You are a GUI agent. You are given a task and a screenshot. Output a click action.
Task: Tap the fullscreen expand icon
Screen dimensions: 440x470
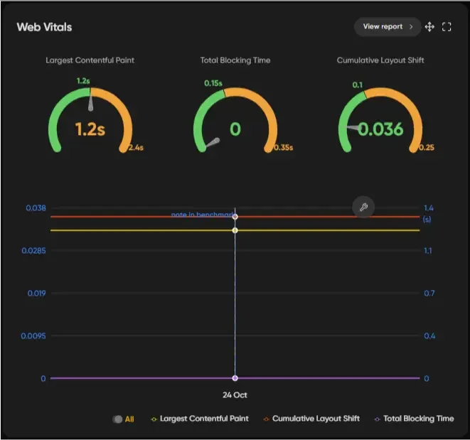(x=447, y=27)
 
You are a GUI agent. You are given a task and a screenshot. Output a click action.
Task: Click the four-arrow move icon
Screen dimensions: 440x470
(x=429, y=27)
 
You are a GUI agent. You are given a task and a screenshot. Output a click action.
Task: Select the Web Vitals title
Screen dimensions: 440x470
(x=44, y=27)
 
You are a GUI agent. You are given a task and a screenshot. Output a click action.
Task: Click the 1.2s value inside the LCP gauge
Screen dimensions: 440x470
(x=90, y=129)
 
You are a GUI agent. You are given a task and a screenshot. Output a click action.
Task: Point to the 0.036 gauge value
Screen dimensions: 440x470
(x=380, y=129)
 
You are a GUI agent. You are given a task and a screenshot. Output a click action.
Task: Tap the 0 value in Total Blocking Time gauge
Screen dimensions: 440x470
(x=235, y=129)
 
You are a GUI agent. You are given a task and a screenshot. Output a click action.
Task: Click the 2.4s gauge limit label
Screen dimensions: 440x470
(x=135, y=148)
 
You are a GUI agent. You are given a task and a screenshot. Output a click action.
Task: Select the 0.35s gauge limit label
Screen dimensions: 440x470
(x=283, y=148)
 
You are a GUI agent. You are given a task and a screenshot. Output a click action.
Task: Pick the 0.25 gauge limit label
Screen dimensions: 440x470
(x=427, y=148)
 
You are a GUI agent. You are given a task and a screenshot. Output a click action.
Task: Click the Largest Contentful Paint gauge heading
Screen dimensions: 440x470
(x=90, y=60)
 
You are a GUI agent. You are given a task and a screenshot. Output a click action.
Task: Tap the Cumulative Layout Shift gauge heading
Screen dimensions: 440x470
(x=380, y=60)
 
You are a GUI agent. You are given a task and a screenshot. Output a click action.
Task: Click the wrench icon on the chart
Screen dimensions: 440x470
(x=363, y=207)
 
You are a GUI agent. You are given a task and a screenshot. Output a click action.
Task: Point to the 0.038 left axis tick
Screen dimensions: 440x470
(x=36, y=208)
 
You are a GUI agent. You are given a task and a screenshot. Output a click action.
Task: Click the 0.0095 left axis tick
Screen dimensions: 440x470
(x=33, y=336)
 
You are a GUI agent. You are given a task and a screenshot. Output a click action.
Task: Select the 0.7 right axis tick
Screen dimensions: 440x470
(x=429, y=293)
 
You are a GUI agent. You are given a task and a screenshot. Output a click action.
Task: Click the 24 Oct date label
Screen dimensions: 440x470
(x=235, y=395)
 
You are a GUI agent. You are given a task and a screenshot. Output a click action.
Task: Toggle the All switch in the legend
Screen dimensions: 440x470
(x=117, y=419)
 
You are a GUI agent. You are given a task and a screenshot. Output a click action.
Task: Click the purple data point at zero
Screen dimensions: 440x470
(x=235, y=378)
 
